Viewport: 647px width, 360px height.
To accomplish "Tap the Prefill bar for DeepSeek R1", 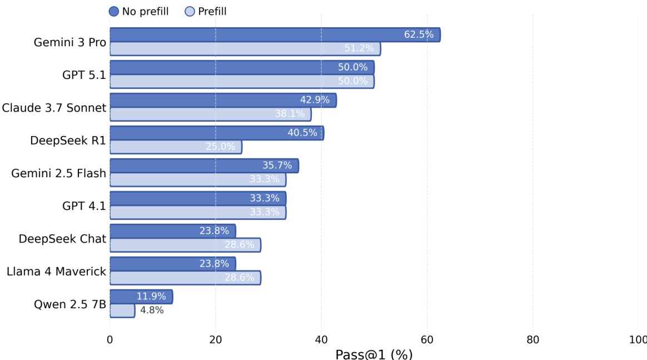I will pos(176,147).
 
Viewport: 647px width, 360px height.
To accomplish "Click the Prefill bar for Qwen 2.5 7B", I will pos(122,311).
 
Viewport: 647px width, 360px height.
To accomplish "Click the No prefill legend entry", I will pos(139,11).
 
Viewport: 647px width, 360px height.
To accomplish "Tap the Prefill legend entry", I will pos(206,11).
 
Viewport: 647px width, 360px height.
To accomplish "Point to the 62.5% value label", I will pos(419,35).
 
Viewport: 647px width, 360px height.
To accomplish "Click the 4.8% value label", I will pos(152,311).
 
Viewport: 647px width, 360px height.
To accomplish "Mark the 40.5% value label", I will pos(302,133).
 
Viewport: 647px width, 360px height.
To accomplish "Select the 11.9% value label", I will pos(151,297).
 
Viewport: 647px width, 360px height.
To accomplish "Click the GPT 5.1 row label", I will pos(84,75).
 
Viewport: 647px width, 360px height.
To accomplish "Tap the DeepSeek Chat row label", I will pos(62,239).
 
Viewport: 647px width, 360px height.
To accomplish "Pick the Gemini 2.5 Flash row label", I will pos(58,173).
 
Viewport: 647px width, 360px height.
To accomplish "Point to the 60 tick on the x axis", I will pos(427,340).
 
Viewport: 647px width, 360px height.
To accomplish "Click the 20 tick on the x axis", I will pos(216,340).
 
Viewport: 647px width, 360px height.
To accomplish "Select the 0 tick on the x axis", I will pos(110,340).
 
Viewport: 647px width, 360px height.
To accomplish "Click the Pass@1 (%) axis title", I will pos(374,354).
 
